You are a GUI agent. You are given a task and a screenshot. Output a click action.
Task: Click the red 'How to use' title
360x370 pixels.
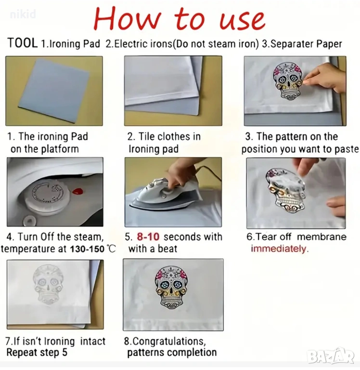180,19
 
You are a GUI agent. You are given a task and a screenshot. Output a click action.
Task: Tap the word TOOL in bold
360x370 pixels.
23,43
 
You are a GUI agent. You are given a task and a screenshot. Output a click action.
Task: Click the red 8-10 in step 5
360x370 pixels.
148,237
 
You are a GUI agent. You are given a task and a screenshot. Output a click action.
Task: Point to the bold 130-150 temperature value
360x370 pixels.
87,249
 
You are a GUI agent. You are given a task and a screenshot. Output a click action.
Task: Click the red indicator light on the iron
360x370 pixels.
77,191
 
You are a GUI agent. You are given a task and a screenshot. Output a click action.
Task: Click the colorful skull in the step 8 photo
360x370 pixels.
171,289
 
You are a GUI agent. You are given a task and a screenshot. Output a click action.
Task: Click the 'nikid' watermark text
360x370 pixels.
23,14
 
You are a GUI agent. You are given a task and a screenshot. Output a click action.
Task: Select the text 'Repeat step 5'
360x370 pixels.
37,352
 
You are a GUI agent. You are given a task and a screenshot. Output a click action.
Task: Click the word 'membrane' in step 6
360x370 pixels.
321,237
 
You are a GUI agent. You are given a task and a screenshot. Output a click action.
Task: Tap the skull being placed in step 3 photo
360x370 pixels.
288,81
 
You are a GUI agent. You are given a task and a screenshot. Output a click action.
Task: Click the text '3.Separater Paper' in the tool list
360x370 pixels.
302,44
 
